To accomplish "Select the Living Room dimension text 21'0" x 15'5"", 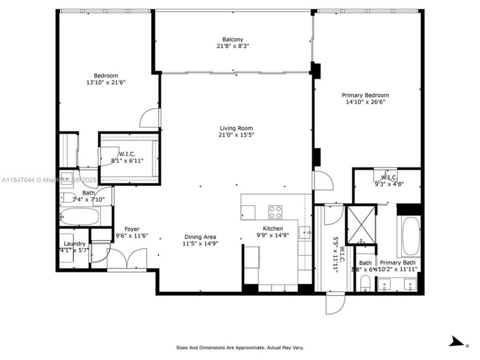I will point(237,135).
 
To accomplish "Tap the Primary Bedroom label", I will point(365,95).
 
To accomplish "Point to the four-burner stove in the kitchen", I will point(275,211).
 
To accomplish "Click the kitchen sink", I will point(306,232).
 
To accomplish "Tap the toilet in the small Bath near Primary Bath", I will point(366,281).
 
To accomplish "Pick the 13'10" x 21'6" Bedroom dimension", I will point(106,83).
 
